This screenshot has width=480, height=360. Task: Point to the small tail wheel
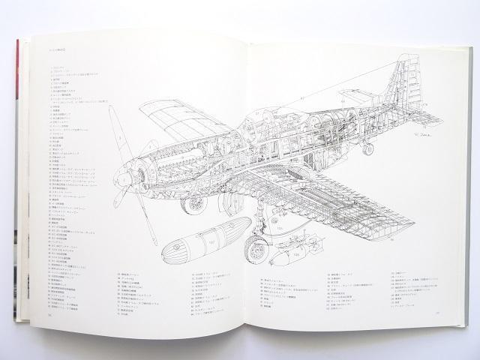point(367,148)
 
